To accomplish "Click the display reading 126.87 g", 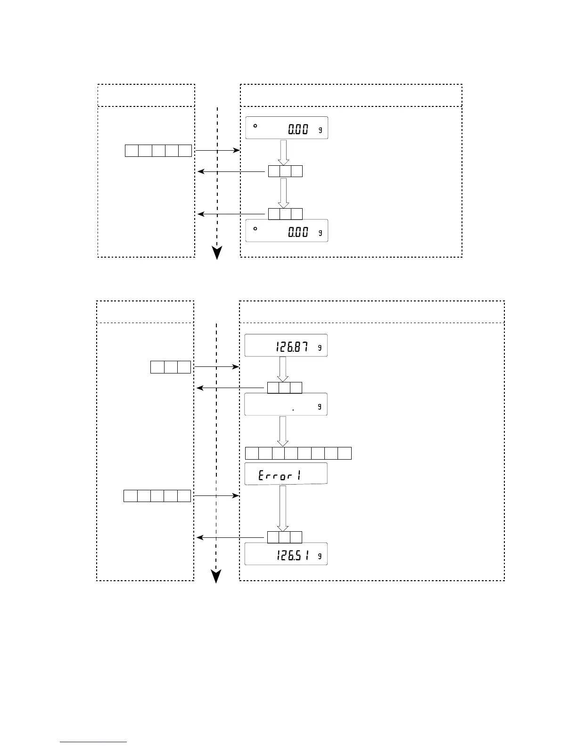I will coord(286,346).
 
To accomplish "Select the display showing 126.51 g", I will coord(286,554).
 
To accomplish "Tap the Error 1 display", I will coord(286,474).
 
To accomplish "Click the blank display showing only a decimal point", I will coord(286,404).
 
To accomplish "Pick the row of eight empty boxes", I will coord(298,453).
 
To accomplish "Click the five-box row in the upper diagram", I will coord(158,151).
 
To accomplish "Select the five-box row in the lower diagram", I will coord(157,496).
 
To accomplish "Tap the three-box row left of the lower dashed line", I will coord(171,367).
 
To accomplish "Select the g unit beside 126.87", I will coord(320,348).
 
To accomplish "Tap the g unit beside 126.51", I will coord(320,556).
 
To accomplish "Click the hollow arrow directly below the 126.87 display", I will coord(283,369).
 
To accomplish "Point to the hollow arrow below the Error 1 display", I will coord(283,508).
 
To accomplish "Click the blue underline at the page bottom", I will coord(94,742).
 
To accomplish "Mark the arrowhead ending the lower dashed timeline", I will coord(216,576).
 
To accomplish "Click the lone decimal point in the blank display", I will coord(293,410).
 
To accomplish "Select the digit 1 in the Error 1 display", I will coord(299,476).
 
